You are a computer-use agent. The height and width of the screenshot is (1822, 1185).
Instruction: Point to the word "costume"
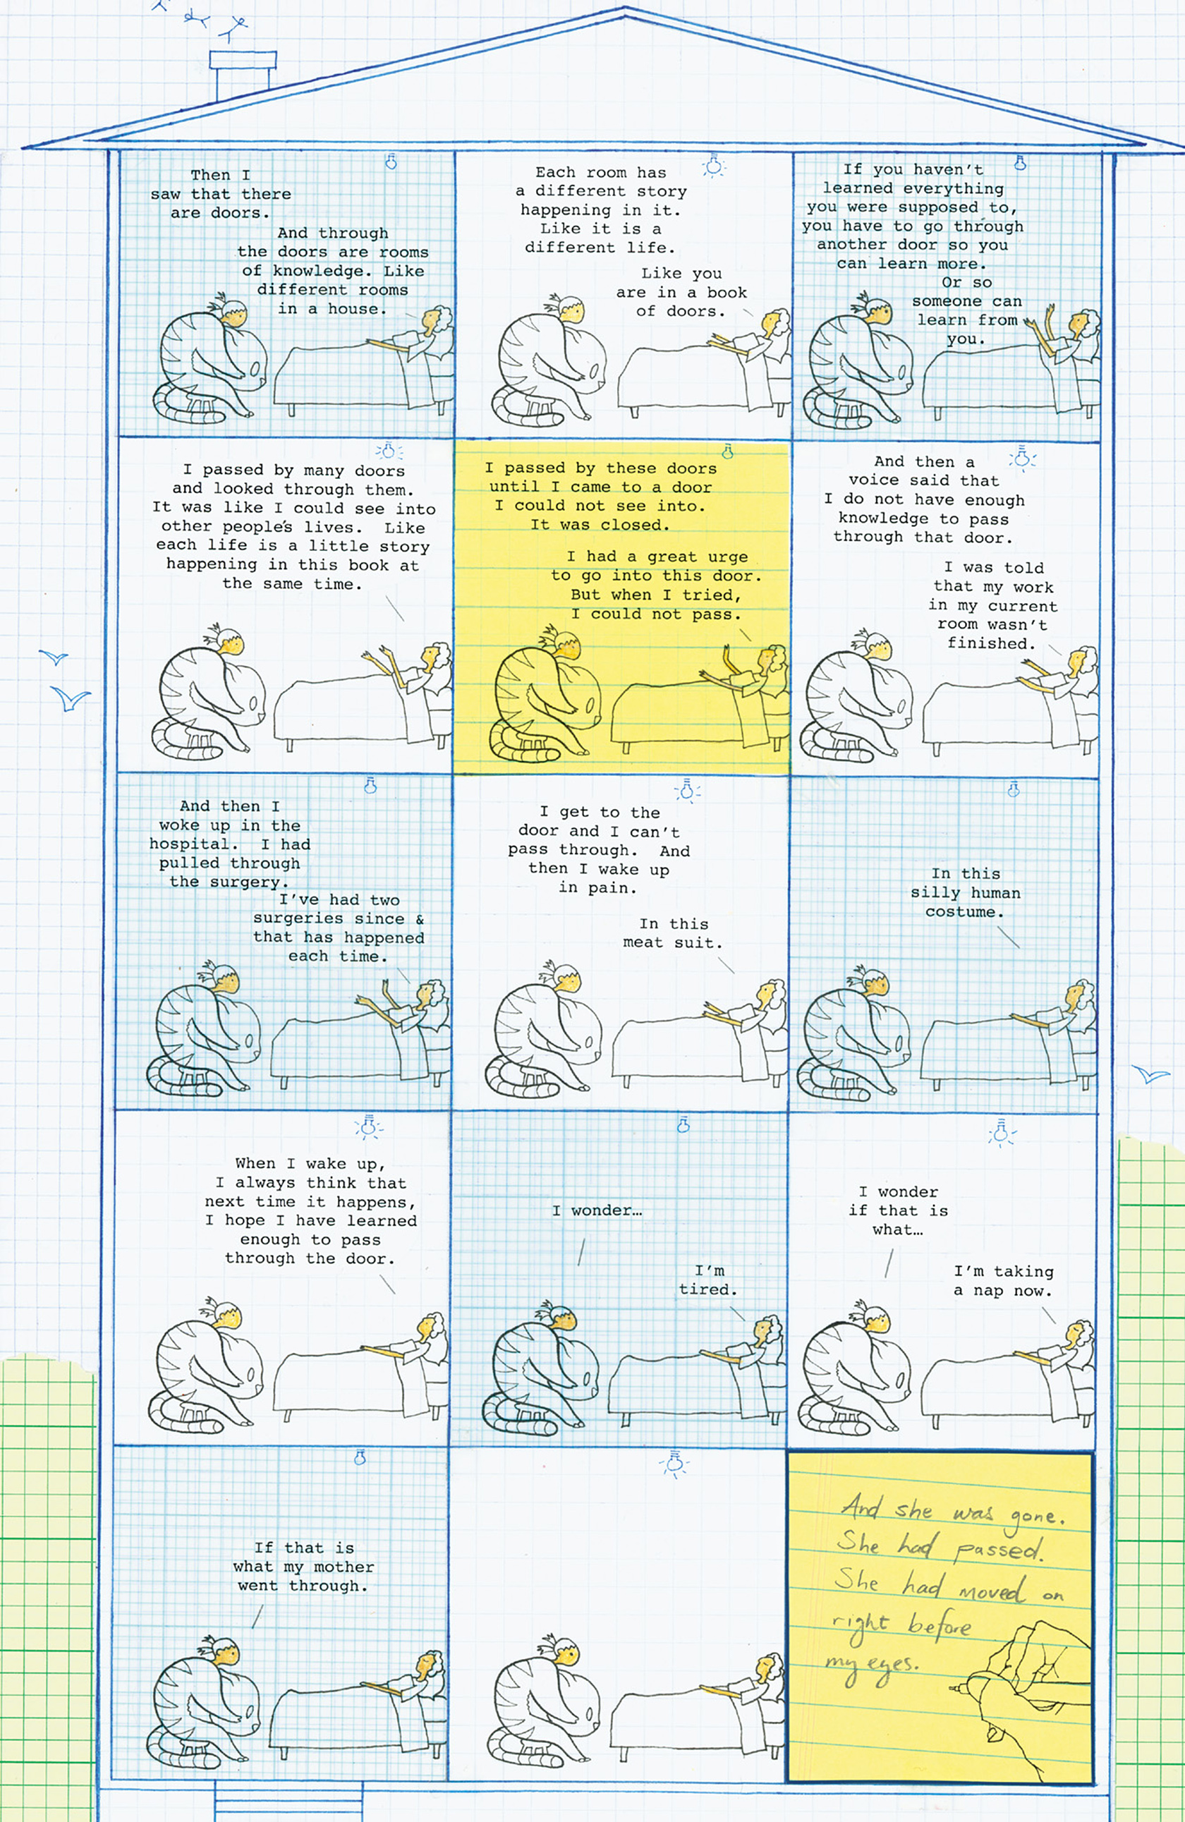click(964, 912)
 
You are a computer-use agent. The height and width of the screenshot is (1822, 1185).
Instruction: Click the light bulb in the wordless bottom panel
click(674, 1464)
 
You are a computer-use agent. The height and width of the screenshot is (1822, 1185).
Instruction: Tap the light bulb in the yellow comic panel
click(727, 451)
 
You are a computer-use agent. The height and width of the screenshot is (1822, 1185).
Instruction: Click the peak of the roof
click(625, 8)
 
